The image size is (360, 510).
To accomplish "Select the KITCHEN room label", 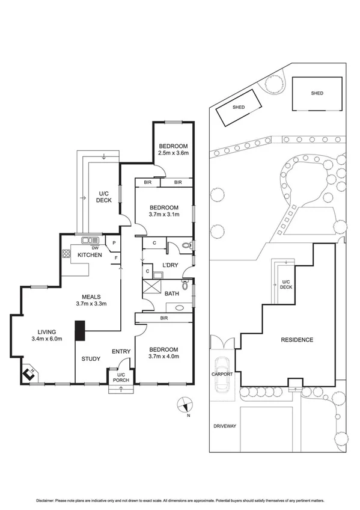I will (x=89, y=256).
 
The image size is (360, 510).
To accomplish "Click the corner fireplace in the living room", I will (x=28, y=375).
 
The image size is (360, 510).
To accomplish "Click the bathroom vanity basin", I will (x=179, y=306).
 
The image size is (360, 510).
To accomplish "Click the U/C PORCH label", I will (x=117, y=377).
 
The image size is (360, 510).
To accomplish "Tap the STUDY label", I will (x=91, y=359).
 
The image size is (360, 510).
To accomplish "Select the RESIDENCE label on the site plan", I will (x=297, y=340).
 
